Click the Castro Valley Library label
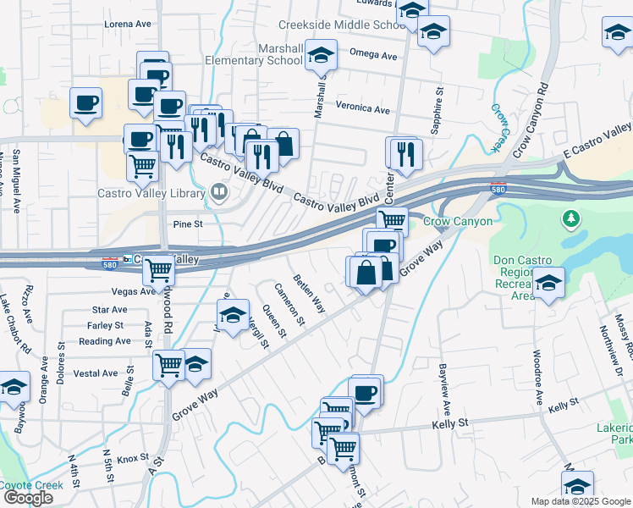point(151,193)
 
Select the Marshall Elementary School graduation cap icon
point(319,56)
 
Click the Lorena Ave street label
point(126,24)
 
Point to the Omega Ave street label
point(373,56)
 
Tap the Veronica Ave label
point(362,109)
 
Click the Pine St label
point(188,224)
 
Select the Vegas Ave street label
point(134,290)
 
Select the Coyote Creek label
point(30,485)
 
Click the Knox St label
point(133,459)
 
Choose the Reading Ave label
point(104,341)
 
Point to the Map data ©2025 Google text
point(581,501)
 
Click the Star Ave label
point(109,311)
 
